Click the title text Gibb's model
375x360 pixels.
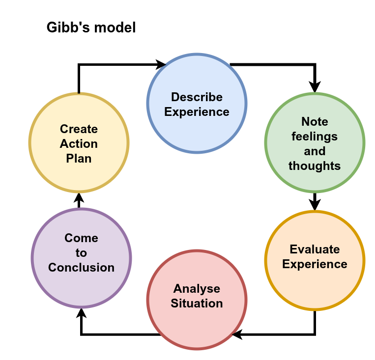click(x=91, y=28)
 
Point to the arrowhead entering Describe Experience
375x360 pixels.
click(x=161, y=64)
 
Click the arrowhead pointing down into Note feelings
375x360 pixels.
click(x=315, y=86)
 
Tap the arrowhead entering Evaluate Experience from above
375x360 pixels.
click(x=315, y=204)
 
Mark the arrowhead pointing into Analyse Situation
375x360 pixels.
click(x=238, y=334)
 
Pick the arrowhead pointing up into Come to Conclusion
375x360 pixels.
click(x=81, y=314)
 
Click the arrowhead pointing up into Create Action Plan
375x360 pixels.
click(x=79, y=198)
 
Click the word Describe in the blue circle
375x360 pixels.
click(x=197, y=97)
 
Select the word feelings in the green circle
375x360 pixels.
click(x=315, y=136)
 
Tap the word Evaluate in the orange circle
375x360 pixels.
click(x=315, y=249)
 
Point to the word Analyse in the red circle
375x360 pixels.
click(x=197, y=288)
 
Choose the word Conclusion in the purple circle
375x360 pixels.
click(x=81, y=268)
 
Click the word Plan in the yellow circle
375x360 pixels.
click(x=79, y=159)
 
